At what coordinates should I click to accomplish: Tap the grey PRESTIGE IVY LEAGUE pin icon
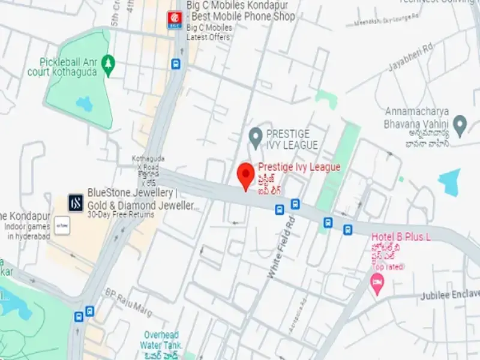pyautogui.click(x=256, y=135)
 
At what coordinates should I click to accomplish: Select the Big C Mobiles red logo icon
pyautogui.click(x=175, y=20)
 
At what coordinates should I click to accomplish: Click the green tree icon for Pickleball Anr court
pyautogui.click(x=108, y=62)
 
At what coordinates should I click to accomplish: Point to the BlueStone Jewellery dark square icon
pyautogui.click(x=76, y=202)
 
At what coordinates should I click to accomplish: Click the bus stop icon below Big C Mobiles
pyautogui.click(x=175, y=64)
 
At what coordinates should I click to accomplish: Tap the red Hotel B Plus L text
pyautogui.click(x=401, y=237)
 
